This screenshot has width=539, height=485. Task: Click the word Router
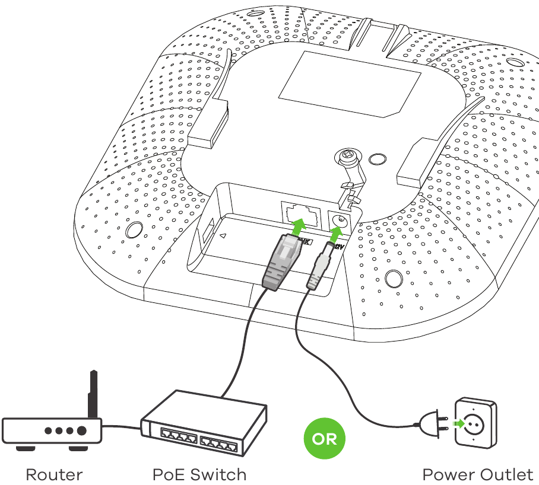click(x=54, y=474)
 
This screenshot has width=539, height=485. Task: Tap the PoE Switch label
click(x=199, y=474)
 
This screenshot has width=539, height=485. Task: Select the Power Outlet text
click(x=478, y=474)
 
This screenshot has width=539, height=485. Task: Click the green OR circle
click(x=324, y=439)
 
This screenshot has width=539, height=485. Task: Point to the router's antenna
click(x=93, y=395)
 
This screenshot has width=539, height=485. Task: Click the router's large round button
click(x=81, y=430)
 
